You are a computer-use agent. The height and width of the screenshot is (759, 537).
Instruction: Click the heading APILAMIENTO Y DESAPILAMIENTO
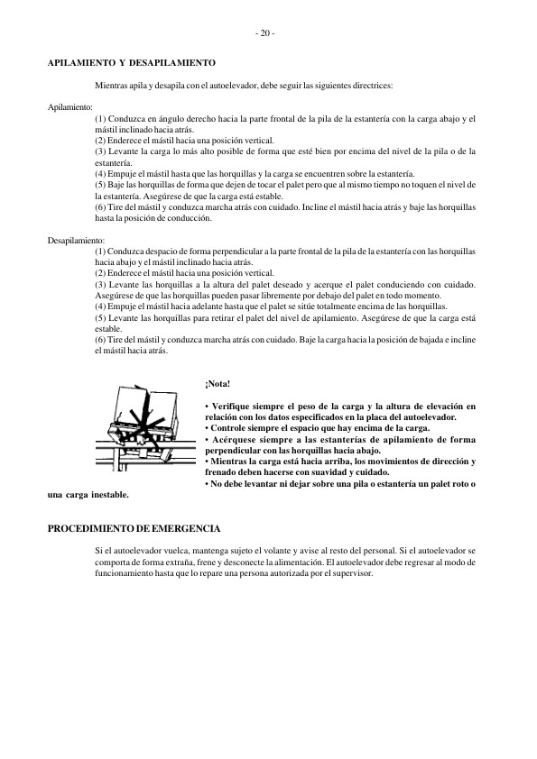[131, 63]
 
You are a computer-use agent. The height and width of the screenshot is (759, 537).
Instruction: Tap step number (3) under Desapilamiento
[100, 285]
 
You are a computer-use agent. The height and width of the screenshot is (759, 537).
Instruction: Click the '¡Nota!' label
[218, 385]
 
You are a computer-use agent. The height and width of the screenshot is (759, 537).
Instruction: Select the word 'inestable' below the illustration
[106, 494]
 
